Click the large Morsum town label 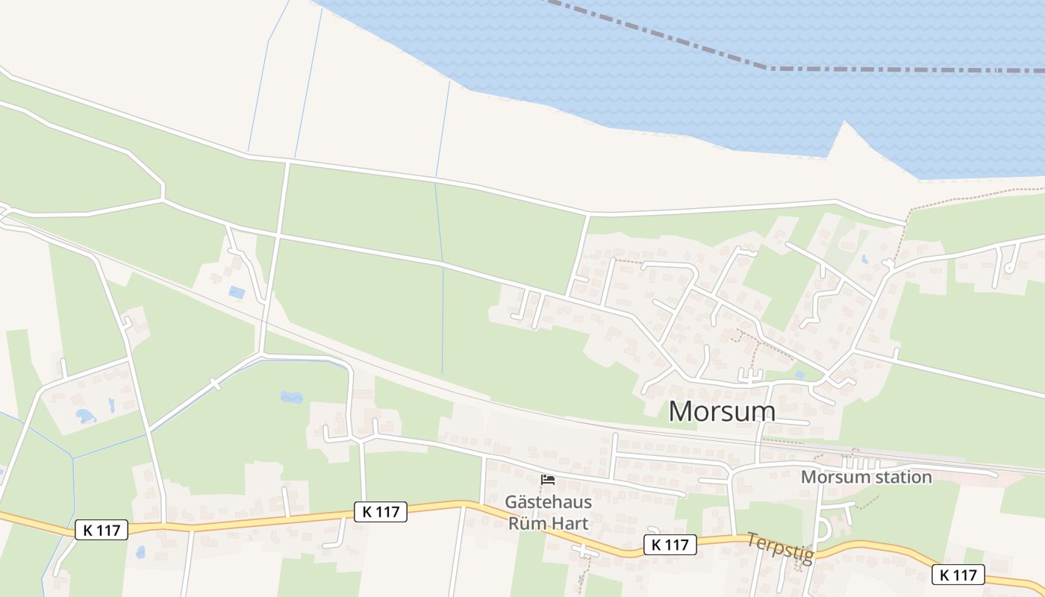722,411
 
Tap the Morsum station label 866,477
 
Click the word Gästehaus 548,501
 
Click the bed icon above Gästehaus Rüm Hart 548,480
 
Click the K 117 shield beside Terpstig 670,545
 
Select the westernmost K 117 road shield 102,531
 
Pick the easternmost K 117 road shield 958,575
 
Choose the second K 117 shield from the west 380,512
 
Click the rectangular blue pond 237,292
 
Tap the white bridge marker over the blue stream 216,384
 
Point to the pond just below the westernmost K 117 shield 140,552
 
